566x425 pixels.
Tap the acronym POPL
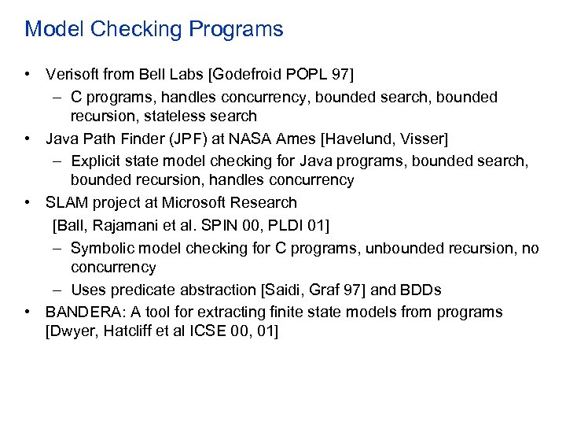311,75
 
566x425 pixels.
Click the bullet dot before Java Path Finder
28,139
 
